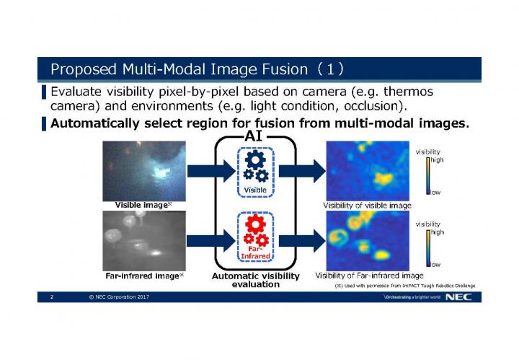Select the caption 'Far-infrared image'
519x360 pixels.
[x=141, y=276]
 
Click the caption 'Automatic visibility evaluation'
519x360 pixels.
[x=255, y=280]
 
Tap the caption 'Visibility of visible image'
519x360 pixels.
[x=367, y=206]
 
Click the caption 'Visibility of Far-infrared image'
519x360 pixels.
[x=369, y=275]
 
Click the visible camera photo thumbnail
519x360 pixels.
[x=143, y=170]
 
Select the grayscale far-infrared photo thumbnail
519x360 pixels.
[x=143, y=240]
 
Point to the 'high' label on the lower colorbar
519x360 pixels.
[x=437, y=232]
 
